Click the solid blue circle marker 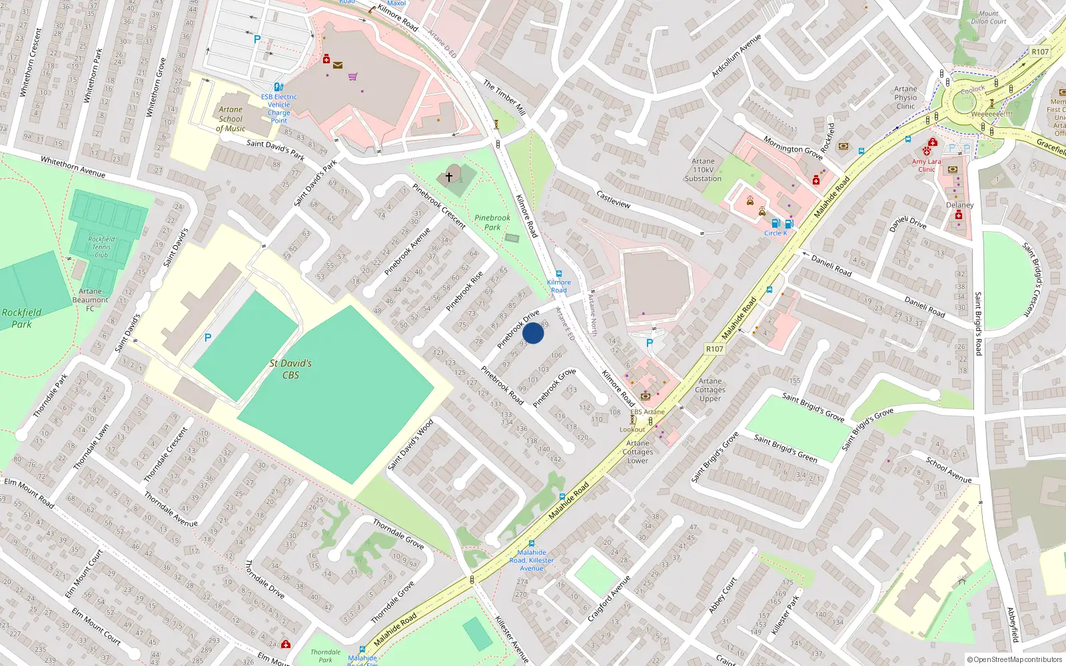point(533,333)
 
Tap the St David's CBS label point(290,369)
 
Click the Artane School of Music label point(231,119)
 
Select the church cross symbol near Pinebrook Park point(449,176)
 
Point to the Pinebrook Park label point(492,222)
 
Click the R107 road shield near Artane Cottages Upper point(714,349)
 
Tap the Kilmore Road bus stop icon point(558,274)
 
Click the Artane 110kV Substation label point(703,170)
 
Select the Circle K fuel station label point(776,233)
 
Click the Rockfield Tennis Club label point(101,246)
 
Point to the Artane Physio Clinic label point(905,97)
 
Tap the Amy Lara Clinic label point(926,165)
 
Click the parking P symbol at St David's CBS point(208,338)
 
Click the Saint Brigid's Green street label point(785,448)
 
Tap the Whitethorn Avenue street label point(73,167)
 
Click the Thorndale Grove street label point(398,534)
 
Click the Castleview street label point(613,199)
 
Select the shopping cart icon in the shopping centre point(352,77)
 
